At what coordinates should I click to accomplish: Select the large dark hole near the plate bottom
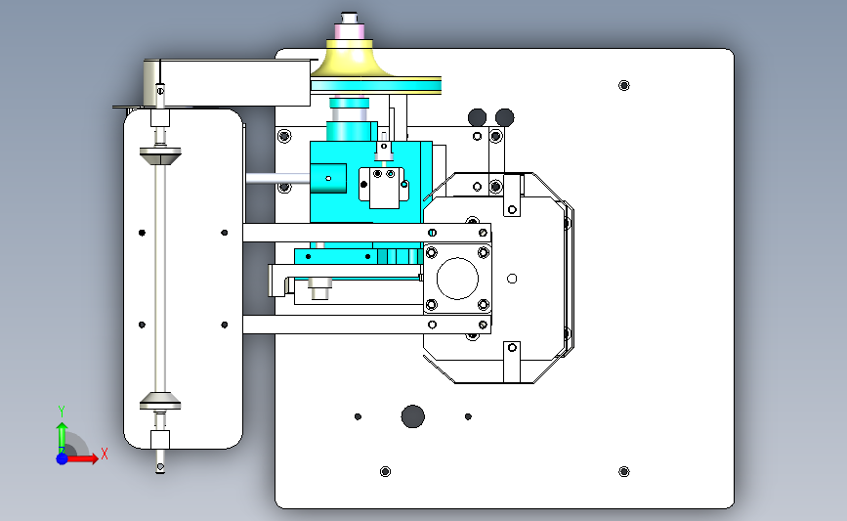point(412,416)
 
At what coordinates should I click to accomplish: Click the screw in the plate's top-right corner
point(624,85)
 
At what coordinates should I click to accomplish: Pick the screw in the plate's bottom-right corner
point(624,472)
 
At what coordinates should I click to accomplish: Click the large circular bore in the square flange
point(457,279)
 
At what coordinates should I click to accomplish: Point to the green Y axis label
point(62,412)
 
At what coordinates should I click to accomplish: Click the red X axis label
point(105,454)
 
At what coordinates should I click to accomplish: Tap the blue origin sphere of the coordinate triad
point(63,458)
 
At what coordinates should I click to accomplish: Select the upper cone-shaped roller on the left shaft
point(160,155)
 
